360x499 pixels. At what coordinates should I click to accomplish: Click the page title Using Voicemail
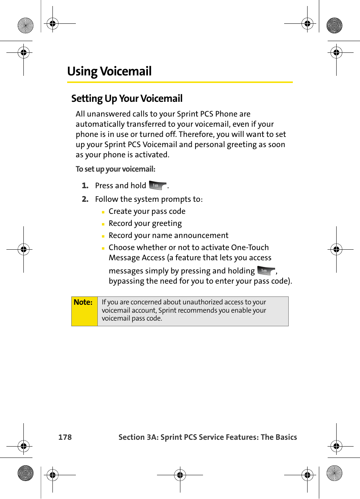(109, 71)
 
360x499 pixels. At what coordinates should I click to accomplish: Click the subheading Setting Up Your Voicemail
(127, 98)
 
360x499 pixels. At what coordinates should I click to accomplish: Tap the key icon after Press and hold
(157, 185)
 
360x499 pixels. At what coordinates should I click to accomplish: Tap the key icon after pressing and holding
(266, 270)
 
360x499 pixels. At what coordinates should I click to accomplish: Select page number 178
(65, 437)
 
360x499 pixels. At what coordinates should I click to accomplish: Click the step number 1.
(85, 186)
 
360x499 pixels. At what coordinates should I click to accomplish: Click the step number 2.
(85, 199)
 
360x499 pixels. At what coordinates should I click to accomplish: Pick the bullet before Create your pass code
(103, 212)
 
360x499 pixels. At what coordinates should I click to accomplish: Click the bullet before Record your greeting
(103, 224)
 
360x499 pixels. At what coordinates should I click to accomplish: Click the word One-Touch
(250, 247)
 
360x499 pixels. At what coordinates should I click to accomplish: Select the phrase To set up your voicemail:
(115, 169)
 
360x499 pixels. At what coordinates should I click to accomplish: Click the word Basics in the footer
(286, 437)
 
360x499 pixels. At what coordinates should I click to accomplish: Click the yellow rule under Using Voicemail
(180, 82)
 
